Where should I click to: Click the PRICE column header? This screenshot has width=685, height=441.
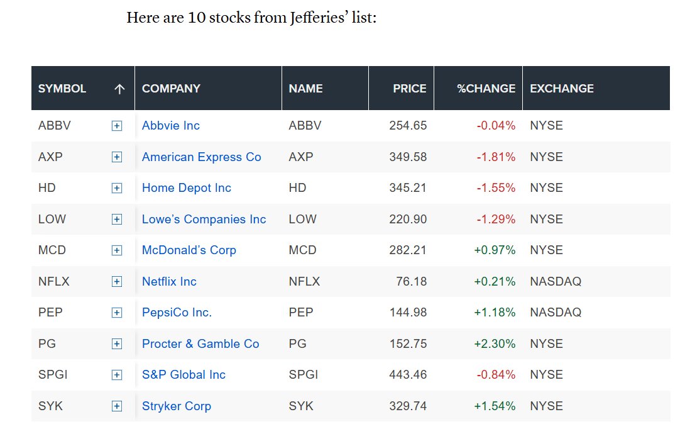[x=409, y=88]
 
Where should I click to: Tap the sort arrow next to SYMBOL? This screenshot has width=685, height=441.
[x=119, y=89]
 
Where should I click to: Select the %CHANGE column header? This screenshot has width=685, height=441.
[x=486, y=88]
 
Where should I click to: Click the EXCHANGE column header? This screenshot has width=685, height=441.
[x=562, y=88]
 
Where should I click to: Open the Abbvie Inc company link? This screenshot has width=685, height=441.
[x=171, y=126]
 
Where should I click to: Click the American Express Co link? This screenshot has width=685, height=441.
[x=201, y=157]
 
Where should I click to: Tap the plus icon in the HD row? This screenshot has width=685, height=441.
[x=117, y=188]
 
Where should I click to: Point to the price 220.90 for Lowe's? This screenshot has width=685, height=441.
[x=408, y=219]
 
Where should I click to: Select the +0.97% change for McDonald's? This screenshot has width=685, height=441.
[x=495, y=250]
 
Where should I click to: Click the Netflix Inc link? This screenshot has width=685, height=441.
[x=169, y=281]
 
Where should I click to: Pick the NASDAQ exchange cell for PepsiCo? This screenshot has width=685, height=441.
[x=556, y=313]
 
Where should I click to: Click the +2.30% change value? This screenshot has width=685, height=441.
[x=495, y=344]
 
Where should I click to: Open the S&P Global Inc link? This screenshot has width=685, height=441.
[x=184, y=375]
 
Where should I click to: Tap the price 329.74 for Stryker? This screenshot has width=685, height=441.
[x=408, y=406]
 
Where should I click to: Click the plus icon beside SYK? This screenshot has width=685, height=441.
[x=117, y=406]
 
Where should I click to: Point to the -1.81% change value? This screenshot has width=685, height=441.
[x=496, y=157]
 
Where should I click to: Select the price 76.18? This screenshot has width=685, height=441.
[x=412, y=281]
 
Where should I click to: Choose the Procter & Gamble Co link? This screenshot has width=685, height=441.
[x=200, y=344]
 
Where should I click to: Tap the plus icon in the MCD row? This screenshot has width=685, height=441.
[x=117, y=250]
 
